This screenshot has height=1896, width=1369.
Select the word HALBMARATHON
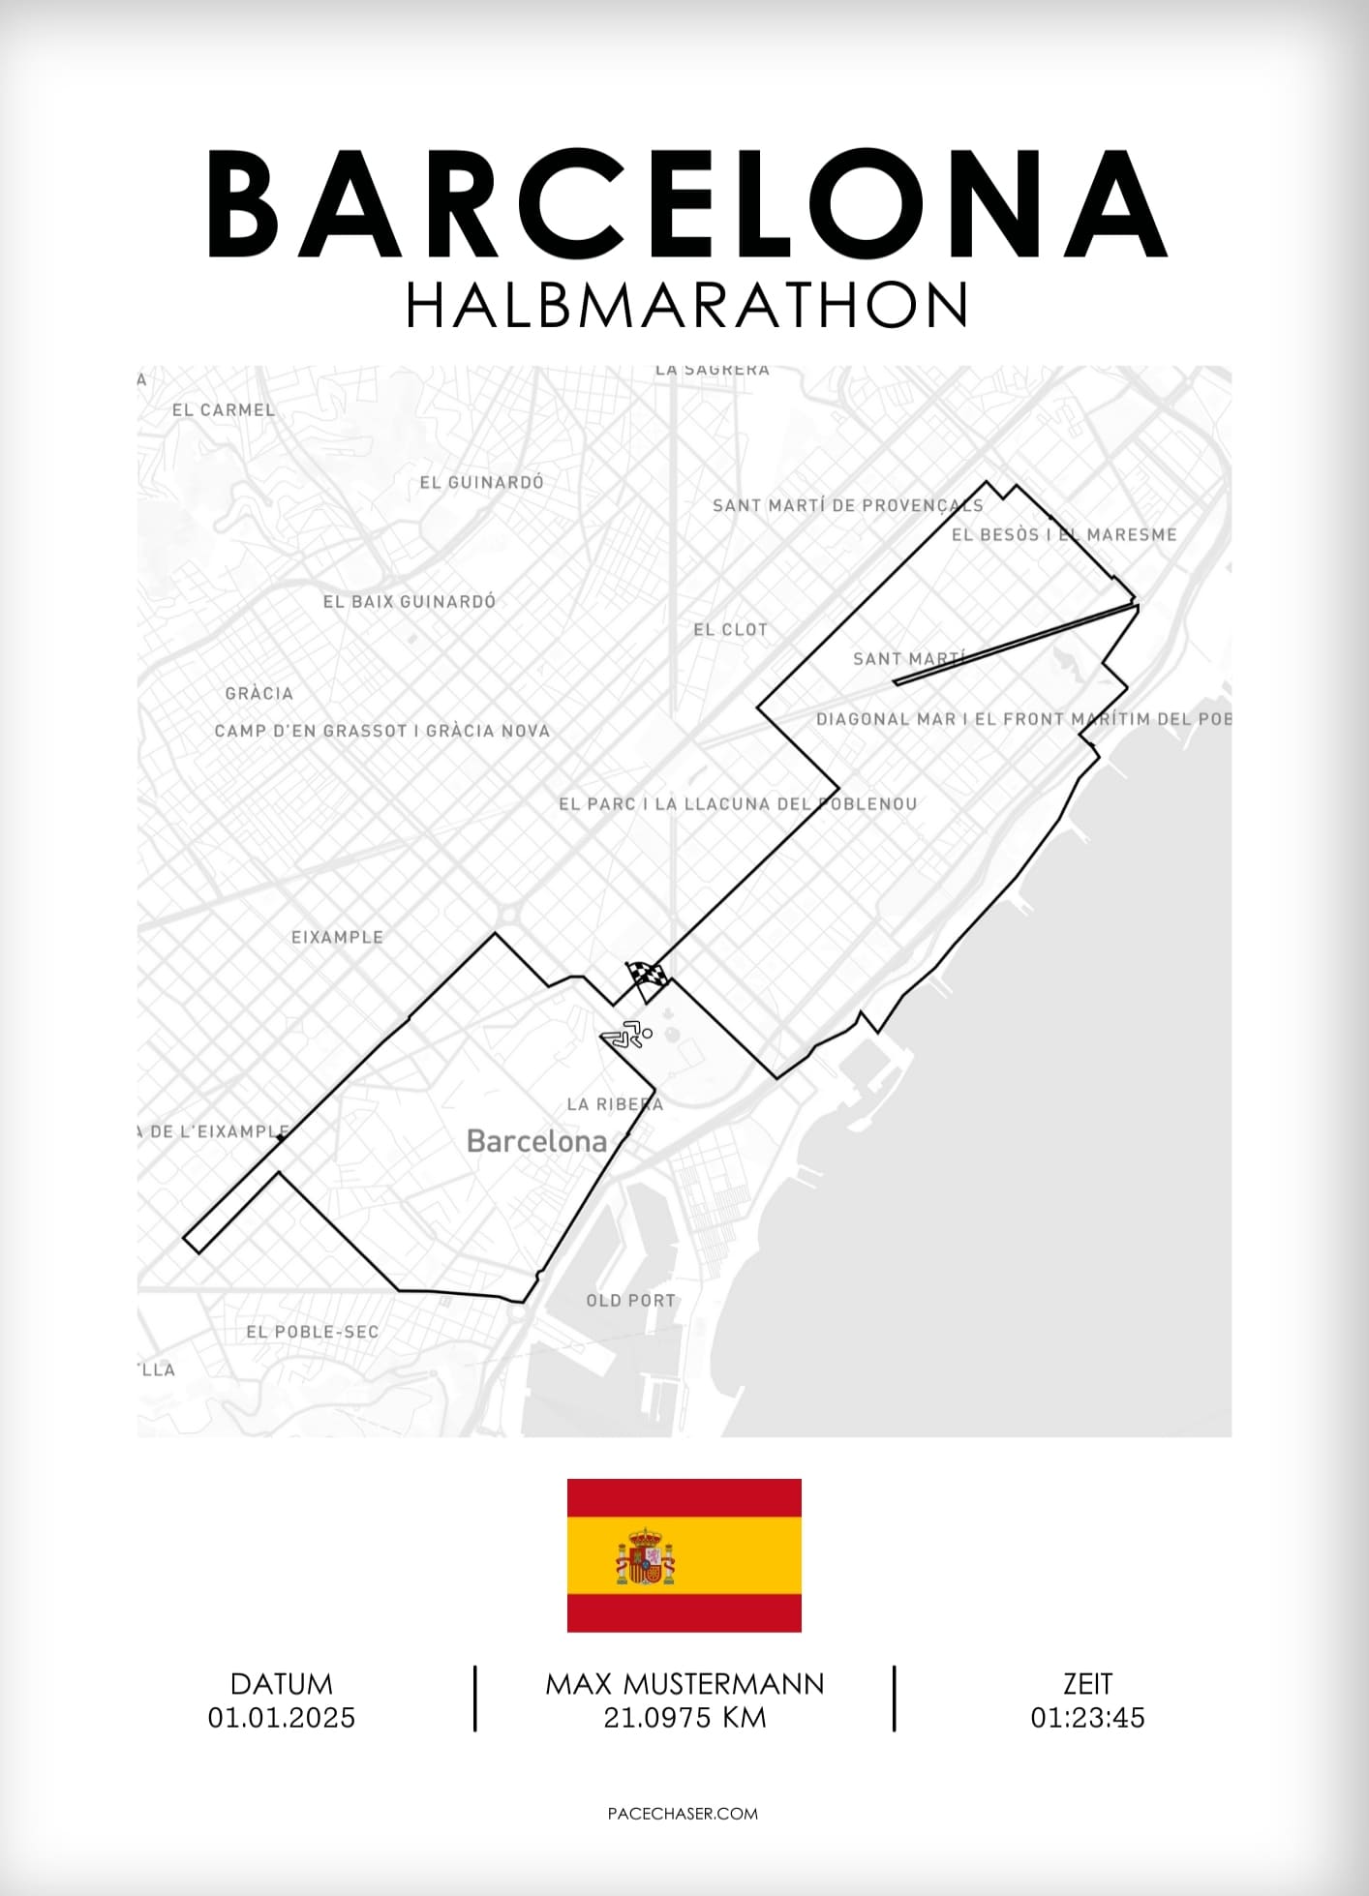coord(685,306)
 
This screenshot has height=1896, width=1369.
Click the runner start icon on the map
coord(627,1035)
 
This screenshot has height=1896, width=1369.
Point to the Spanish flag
coord(684,1554)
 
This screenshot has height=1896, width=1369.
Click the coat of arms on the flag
coord(645,1556)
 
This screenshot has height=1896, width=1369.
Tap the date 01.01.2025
coord(282,1718)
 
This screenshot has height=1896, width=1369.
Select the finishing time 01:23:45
coord(1087,1718)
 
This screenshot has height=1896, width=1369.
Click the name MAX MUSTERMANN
coord(684,1684)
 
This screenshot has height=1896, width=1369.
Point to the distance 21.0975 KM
coord(684,1718)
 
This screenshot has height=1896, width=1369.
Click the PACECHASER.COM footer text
coord(683,1813)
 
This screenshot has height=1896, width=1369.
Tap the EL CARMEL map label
coord(224,410)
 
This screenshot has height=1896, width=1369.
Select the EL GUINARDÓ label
coord(481,482)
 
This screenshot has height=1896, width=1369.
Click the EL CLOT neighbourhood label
coord(730,630)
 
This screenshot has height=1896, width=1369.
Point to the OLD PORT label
coord(630,1301)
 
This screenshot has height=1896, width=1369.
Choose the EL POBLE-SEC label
coord(312,1332)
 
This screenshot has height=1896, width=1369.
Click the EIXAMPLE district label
coord(337,937)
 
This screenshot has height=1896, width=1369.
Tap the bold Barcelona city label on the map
coord(536,1141)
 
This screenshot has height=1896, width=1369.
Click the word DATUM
coord(282,1684)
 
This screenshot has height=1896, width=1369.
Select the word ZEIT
coord(1087,1684)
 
